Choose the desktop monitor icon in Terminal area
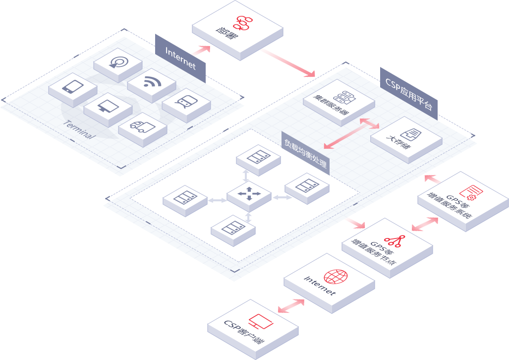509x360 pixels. (107, 106)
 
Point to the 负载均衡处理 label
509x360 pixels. (305, 152)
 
